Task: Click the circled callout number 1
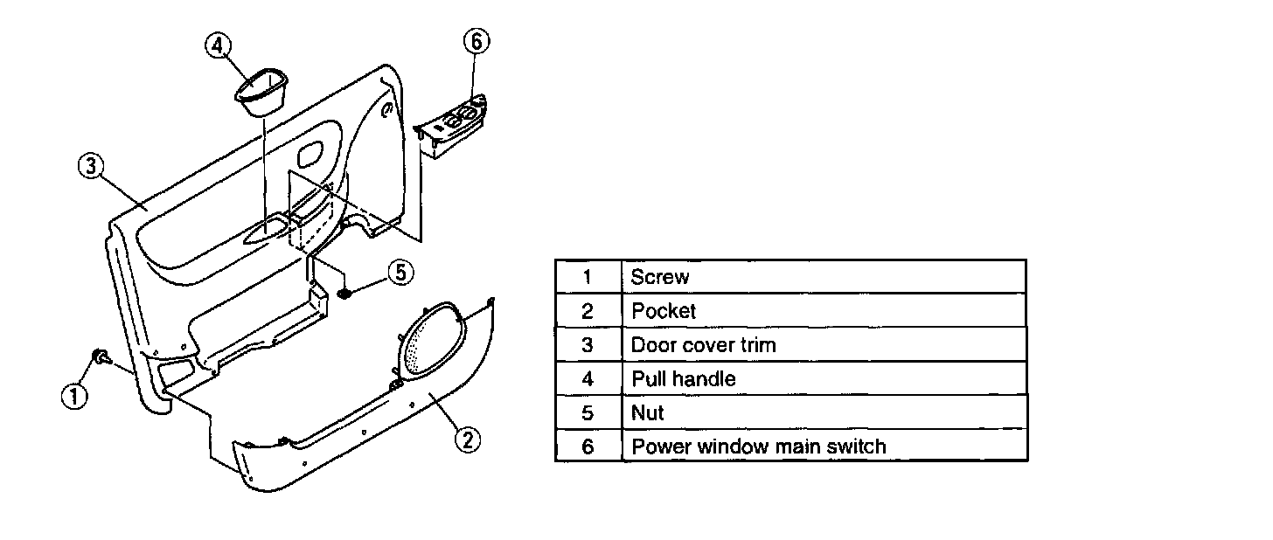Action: point(75,396)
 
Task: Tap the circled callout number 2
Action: point(468,439)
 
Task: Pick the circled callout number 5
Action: point(399,273)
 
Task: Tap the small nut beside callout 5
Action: point(346,293)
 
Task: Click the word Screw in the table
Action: point(660,277)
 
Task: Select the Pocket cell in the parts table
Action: point(663,311)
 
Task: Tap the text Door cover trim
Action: point(703,344)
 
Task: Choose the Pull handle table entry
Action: point(683,378)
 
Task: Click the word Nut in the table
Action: point(647,412)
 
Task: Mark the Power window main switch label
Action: point(758,446)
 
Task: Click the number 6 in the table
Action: point(588,446)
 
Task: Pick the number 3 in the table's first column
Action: point(588,344)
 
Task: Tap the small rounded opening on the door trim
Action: point(310,157)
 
